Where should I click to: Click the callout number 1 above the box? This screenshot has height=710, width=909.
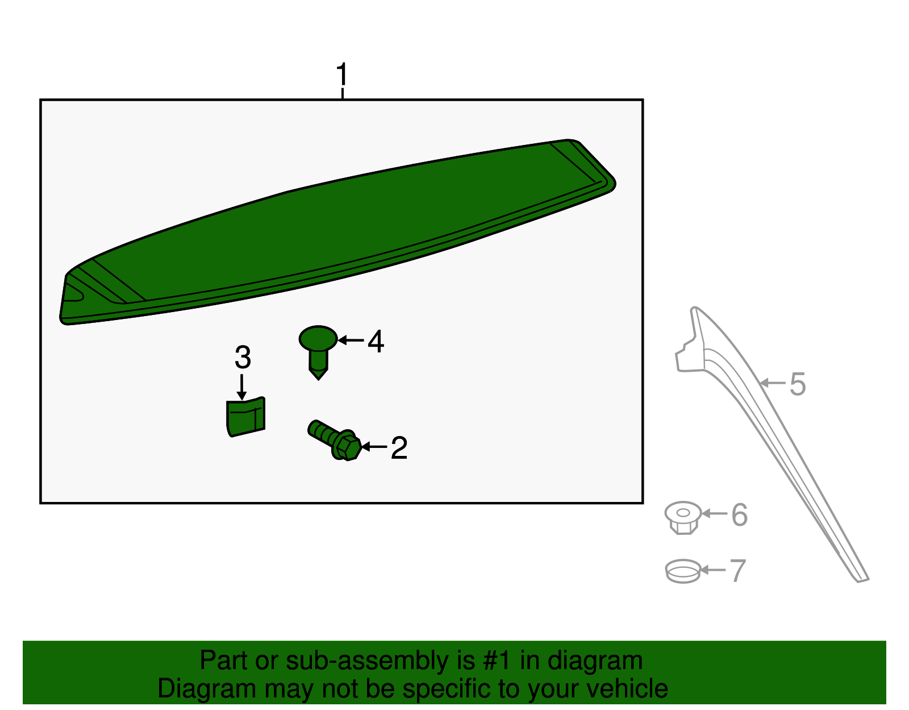pyautogui.click(x=341, y=75)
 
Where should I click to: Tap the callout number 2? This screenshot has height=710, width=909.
pyautogui.click(x=399, y=448)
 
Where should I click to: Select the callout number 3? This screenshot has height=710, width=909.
pyautogui.click(x=243, y=358)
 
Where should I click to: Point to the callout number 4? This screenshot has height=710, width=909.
pyautogui.click(x=376, y=342)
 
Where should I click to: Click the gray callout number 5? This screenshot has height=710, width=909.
pyautogui.click(x=798, y=385)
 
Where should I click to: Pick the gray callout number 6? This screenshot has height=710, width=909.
pyautogui.click(x=739, y=515)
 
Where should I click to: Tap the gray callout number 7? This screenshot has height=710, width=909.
pyautogui.click(x=737, y=571)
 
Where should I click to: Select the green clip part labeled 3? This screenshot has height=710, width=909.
pyautogui.click(x=246, y=417)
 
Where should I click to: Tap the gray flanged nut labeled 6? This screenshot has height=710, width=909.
pyautogui.click(x=683, y=517)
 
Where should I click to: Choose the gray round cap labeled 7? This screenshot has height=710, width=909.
pyautogui.click(x=683, y=571)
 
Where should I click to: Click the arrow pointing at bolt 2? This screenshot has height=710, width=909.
pyautogui.click(x=373, y=447)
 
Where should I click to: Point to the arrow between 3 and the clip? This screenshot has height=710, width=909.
pyautogui.click(x=242, y=387)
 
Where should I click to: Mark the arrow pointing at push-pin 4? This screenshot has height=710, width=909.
pyautogui.click(x=351, y=341)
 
